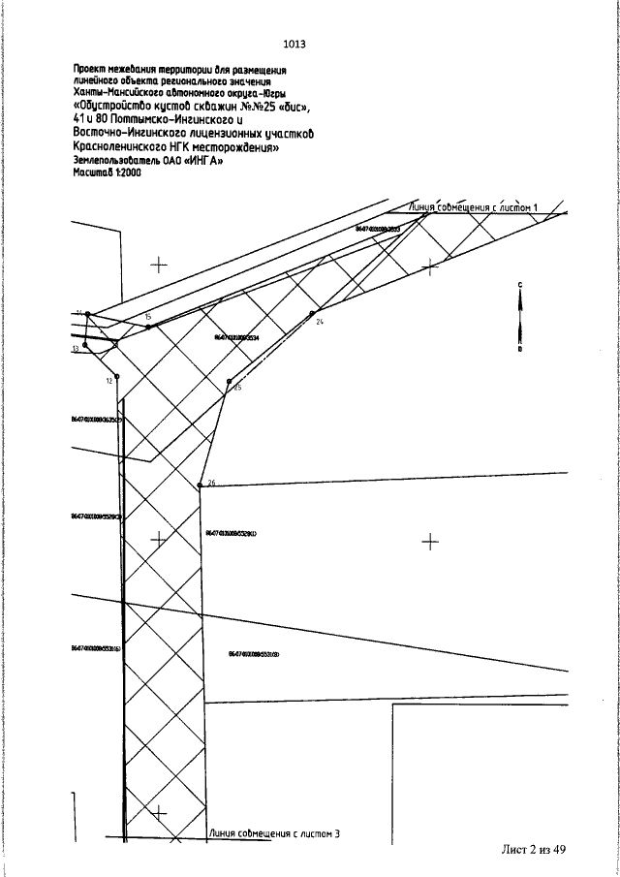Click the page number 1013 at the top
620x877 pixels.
point(294,45)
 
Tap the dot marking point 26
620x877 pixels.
point(200,485)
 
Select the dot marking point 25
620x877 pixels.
point(228,383)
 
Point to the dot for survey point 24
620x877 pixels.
point(312,314)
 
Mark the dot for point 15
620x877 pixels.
point(148,327)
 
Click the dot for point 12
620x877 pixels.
point(117,376)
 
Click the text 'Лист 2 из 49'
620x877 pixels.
point(533,849)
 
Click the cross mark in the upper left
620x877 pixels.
point(159,263)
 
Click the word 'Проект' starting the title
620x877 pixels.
point(90,69)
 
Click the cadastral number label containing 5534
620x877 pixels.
point(236,336)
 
